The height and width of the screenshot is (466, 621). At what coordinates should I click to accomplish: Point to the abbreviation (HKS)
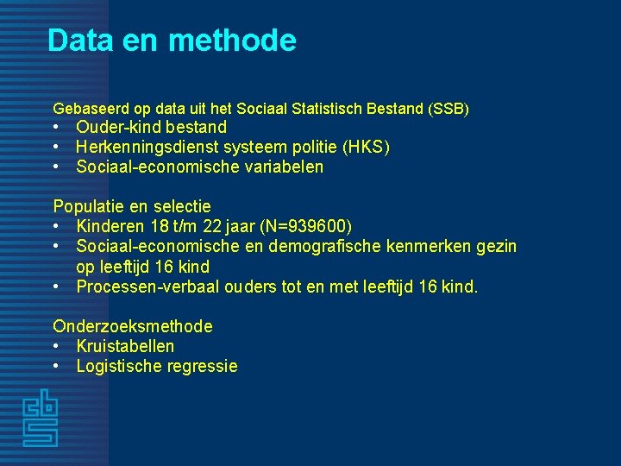coord(369,148)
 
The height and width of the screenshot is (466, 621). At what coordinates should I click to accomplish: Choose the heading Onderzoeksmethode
coord(133,326)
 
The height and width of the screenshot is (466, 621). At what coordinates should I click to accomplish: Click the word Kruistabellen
coord(125,346)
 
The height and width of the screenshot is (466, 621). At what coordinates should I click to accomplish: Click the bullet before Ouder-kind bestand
coord(57,128)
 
